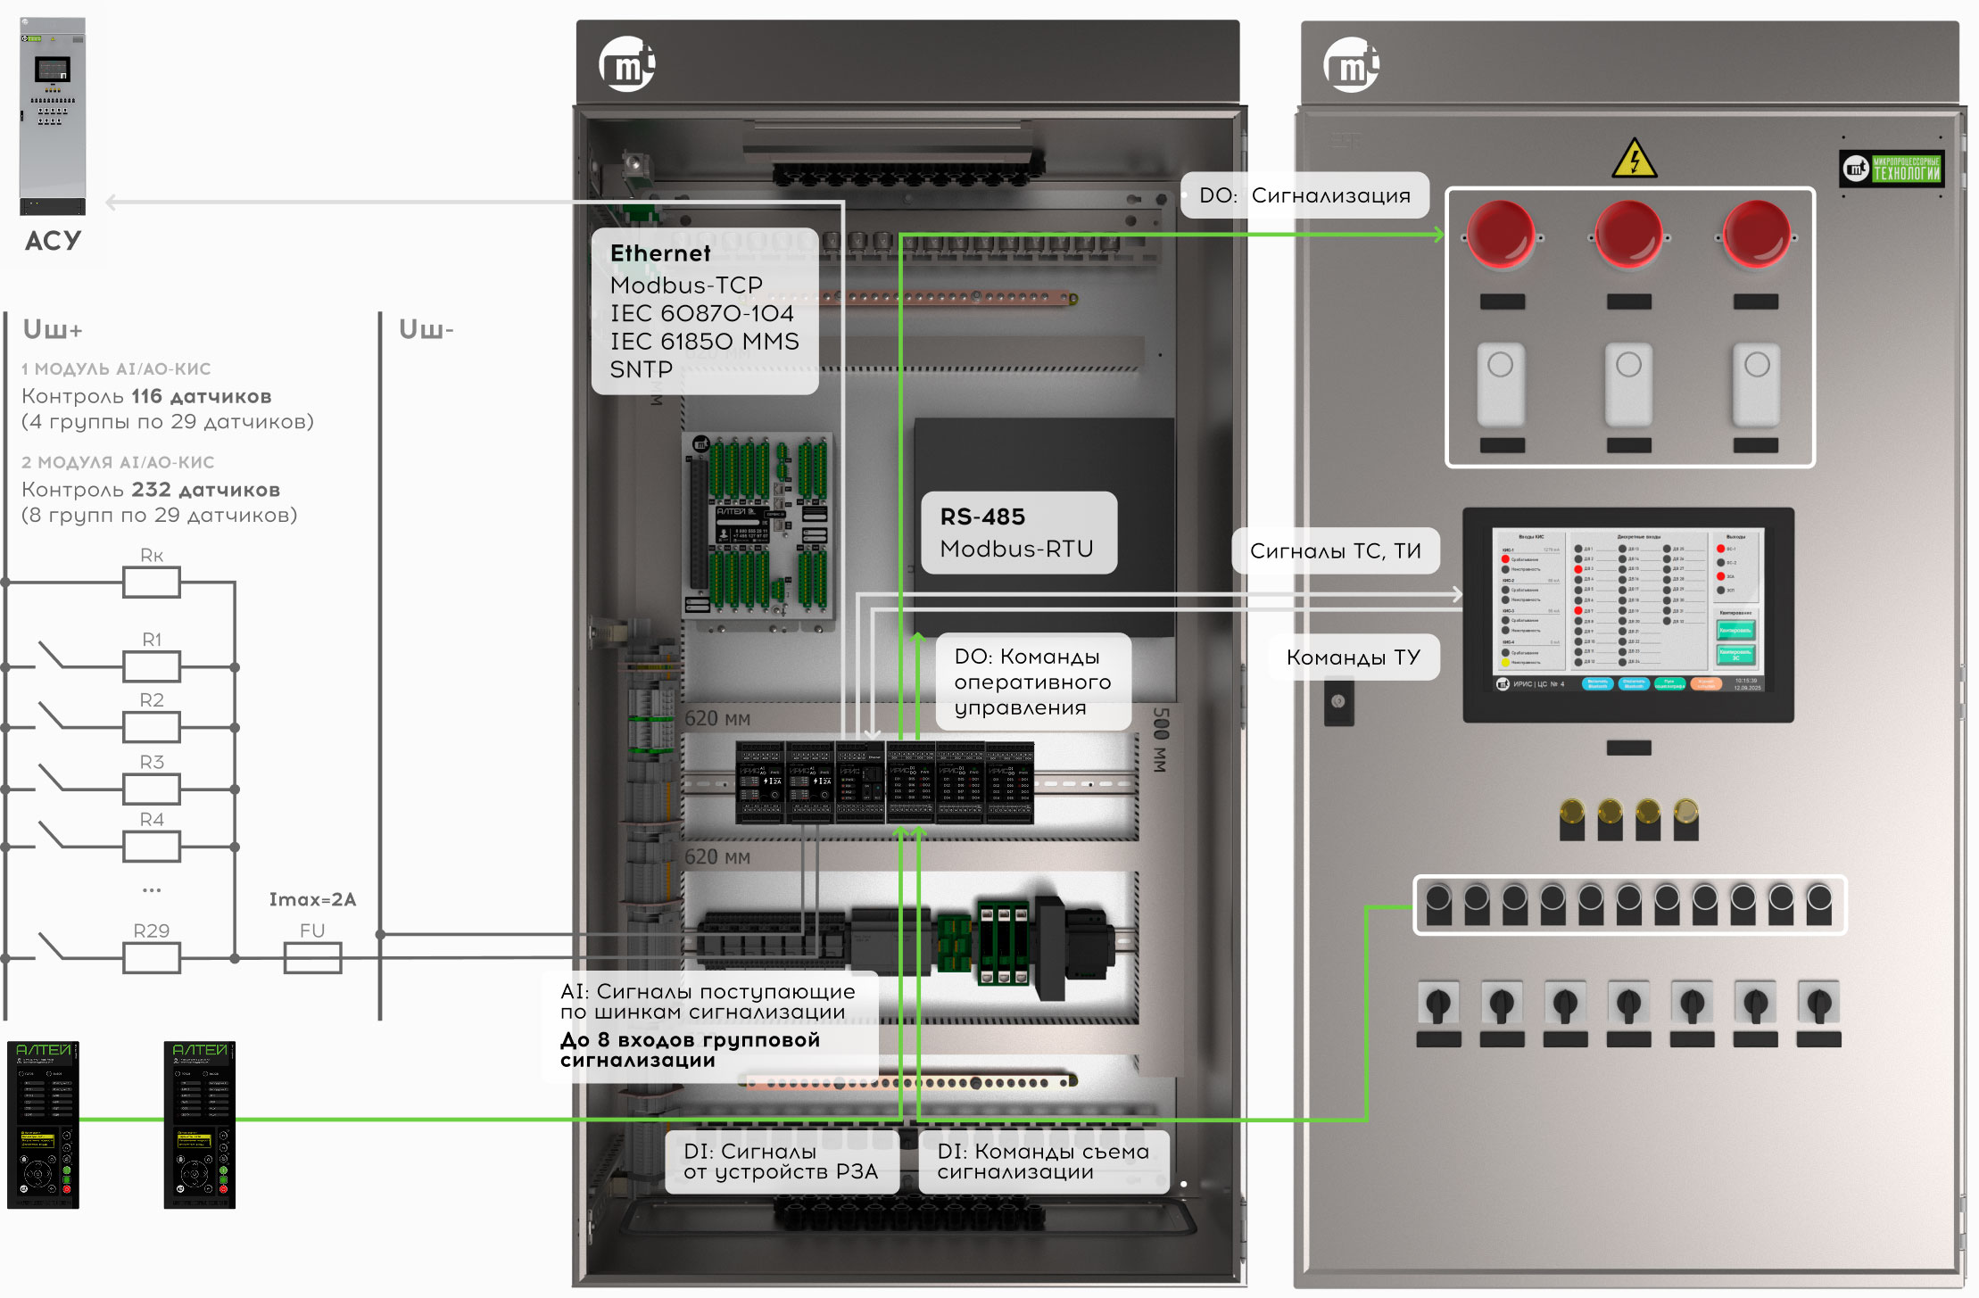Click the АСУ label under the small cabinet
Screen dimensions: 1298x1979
coord(53,241)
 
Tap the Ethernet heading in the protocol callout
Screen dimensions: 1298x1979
coord(660,253)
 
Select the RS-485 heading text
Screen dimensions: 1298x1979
coord(982,517)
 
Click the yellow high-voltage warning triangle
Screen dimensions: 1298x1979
coord(1634,159)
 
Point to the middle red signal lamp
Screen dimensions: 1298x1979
coord(1628,235)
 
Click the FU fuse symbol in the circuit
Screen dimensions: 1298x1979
coord(312,958)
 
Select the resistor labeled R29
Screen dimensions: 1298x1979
coord(152,958)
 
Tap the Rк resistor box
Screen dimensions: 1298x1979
coord(152,583)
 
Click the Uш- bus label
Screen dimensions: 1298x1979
coord(426,330)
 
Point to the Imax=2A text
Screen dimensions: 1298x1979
coord(312,899)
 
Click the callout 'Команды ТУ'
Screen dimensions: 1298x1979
coord(1353,657)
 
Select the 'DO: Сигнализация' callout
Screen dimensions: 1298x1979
coord(1304,195)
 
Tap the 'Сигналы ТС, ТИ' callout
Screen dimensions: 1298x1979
coord(1335,551)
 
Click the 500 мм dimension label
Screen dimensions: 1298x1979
coord(1160,740)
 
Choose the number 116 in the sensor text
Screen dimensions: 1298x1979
coord(146,396)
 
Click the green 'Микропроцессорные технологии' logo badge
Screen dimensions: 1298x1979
coord(1892,169)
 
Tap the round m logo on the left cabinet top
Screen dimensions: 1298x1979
coord(626,64)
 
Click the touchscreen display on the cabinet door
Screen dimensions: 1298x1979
coord(1628,614)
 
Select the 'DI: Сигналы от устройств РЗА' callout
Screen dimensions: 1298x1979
coord(781,1162)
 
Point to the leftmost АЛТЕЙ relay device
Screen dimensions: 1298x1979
coord(43,1124)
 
